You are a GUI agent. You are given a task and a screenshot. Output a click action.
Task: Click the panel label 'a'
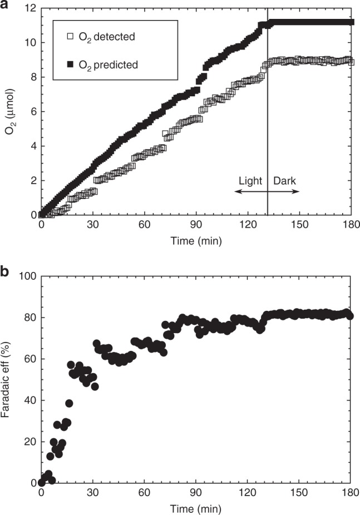(x=6, y=6)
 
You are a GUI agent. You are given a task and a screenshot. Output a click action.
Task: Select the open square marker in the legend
(x=70, y=36)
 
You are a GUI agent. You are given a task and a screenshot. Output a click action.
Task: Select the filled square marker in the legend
(x=70, y=65)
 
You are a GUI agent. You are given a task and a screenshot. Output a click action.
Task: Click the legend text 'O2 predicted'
(x=110, y=65)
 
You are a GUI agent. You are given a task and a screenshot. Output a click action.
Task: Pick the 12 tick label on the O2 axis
(x=29, y=8)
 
